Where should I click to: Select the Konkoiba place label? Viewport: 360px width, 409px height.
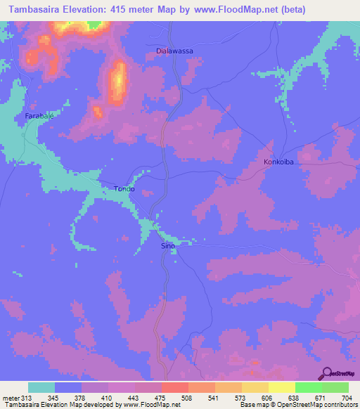pyautogui.click(x=278, y=162)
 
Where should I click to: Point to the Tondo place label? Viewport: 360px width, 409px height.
pyautogui.click(x=124, y=189)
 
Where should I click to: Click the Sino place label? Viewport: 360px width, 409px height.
pyautogui.click(x=168, y=247)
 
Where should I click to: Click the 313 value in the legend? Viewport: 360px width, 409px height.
pyautogui.click(x=27, y=398)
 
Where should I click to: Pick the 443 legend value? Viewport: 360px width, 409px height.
pyautogui.click(x=122, y=398)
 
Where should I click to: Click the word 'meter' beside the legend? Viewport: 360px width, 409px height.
pyautogui.click(x=10, y=398)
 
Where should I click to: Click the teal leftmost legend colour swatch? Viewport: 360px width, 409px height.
pyautogui.click(x=41, y=387)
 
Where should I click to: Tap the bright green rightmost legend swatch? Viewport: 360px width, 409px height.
pyautogui.click(x=335, y=387)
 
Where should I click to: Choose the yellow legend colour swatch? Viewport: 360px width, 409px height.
pyautogui.click(x=281, y=387)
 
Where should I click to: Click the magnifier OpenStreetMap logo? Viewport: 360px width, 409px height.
pyautogui.click(x=327, y=373)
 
